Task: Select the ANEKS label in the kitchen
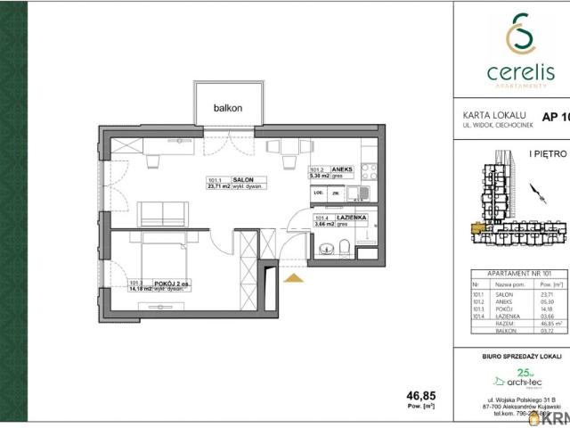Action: (343, 169)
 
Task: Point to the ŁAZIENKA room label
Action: (351, 218)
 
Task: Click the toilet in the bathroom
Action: (346, 247)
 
